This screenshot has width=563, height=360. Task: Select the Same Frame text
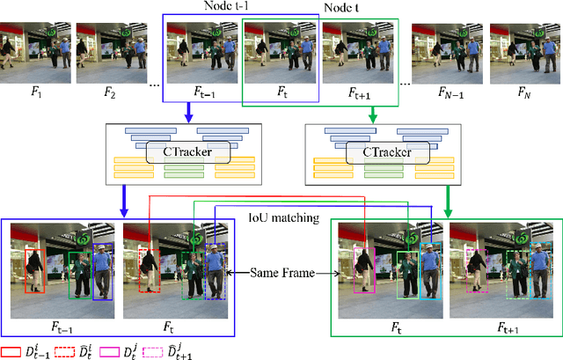(282, 275)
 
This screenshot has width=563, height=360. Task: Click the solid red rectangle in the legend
(12, 349)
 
